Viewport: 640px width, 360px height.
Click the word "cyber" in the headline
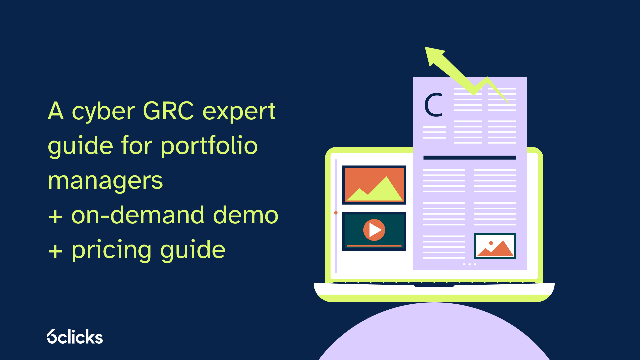pyautogui.click(x=103, y=112)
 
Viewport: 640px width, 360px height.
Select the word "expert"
pyautogui.click(x=239, y=112)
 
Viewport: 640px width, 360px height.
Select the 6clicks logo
pyautogui.click(x=75, y=337)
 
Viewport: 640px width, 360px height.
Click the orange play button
pyautogui.click(x=374, y=230)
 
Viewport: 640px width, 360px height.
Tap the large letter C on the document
pyautogui.click(x=433, y=105)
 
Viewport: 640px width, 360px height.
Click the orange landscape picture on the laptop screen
pyautogui.click(x=374, y=185)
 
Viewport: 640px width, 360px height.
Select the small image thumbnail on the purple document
pyautogui.click(x=495, y=246)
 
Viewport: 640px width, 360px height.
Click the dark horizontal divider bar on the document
pyautogui.click(x=469, y=158)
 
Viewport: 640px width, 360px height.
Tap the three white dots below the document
pyautogui.click(x=469, y=264)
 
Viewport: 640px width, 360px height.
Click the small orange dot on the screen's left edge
pyautogui.click(x=336, y=213)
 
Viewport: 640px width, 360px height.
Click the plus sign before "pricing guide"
pyautogui.click(x=55, y=251)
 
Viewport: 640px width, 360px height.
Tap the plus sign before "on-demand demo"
pyautogui.click(x=55, y=216)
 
